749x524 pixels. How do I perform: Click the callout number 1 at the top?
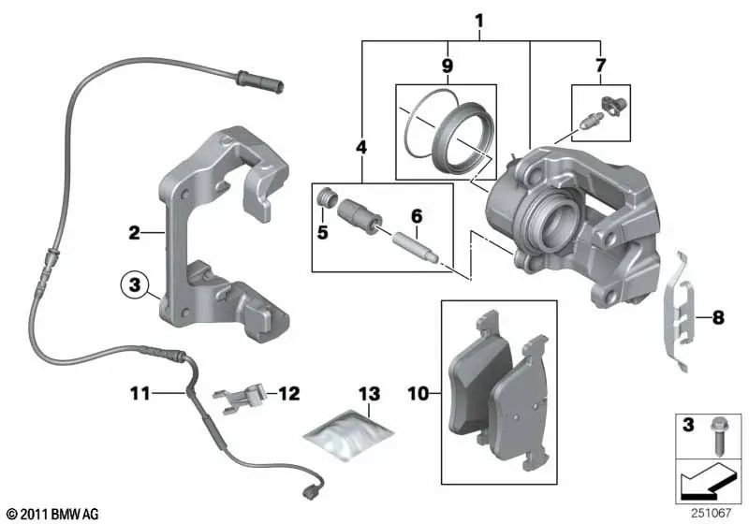(x=479, y=20)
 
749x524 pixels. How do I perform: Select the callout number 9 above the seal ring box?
(x=448, y=65)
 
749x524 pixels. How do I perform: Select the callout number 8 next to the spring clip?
(x=718, y=318)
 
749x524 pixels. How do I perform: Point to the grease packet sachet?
(x=347, y=436)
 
